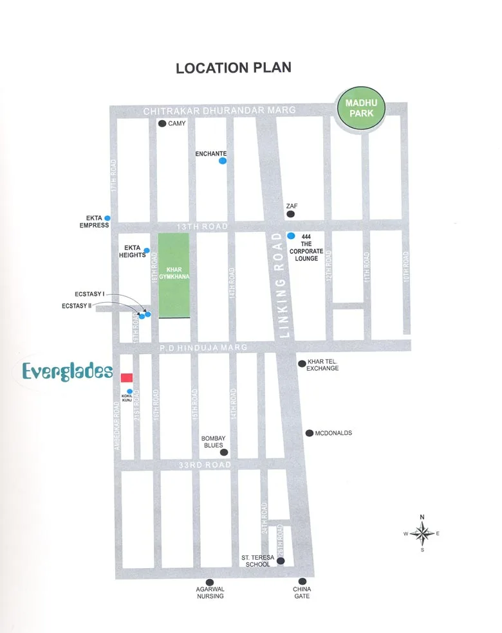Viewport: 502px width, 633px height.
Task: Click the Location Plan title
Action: click(233, 67)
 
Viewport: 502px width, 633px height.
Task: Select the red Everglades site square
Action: click(127, 377)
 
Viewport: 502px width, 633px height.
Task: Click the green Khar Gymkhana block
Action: click(174, 276)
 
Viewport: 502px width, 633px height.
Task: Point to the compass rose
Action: click(422, 533)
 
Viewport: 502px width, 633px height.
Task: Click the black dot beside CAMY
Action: click(162, 123)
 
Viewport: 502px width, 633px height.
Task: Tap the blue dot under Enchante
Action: click(222, 161)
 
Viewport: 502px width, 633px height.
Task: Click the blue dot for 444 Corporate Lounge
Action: click(291, 236)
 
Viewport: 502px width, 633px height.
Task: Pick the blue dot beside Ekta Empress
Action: click(107, 218)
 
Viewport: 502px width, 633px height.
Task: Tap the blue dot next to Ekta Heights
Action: click(147, 251)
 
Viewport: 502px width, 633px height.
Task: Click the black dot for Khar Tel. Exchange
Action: click(301, 364)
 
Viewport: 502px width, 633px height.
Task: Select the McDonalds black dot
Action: click(309, 433)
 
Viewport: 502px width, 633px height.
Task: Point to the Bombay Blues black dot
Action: click(223, 452)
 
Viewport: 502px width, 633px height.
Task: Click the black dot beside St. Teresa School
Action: click(281, 561)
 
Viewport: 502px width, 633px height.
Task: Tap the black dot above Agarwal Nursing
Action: click(210, 579)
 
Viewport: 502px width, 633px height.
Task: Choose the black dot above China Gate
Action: click(301, 579)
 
